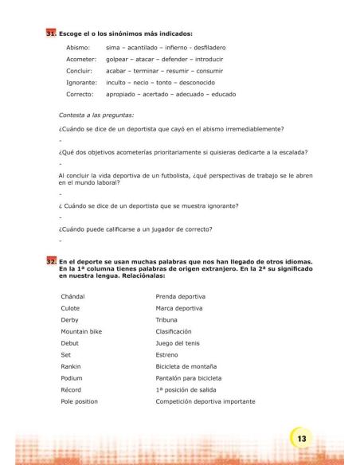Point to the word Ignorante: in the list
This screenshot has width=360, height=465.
click(82, 82)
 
